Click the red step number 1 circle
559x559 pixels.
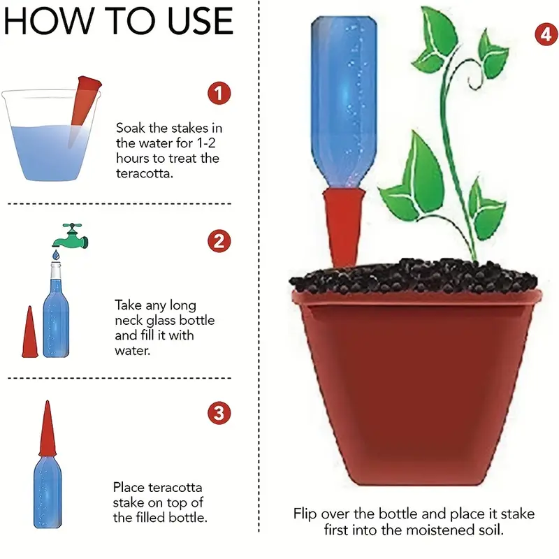(219, 94)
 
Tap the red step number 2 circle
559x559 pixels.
(219, 241)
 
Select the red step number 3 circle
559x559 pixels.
(219, 413)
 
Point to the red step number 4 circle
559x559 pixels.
(546, 34)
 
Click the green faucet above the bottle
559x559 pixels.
(71, 236)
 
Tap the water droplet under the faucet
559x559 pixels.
(56, 254)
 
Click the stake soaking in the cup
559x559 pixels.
(84, 111)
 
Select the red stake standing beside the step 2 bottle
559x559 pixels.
(30, 332)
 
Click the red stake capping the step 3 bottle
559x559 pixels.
(48, 429)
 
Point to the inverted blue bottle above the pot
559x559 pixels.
(344, 102)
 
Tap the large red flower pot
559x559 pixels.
(416, 387)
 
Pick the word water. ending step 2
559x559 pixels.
(132, 351)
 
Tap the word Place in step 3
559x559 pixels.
(129, 487)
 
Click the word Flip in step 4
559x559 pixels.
(305, 514)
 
